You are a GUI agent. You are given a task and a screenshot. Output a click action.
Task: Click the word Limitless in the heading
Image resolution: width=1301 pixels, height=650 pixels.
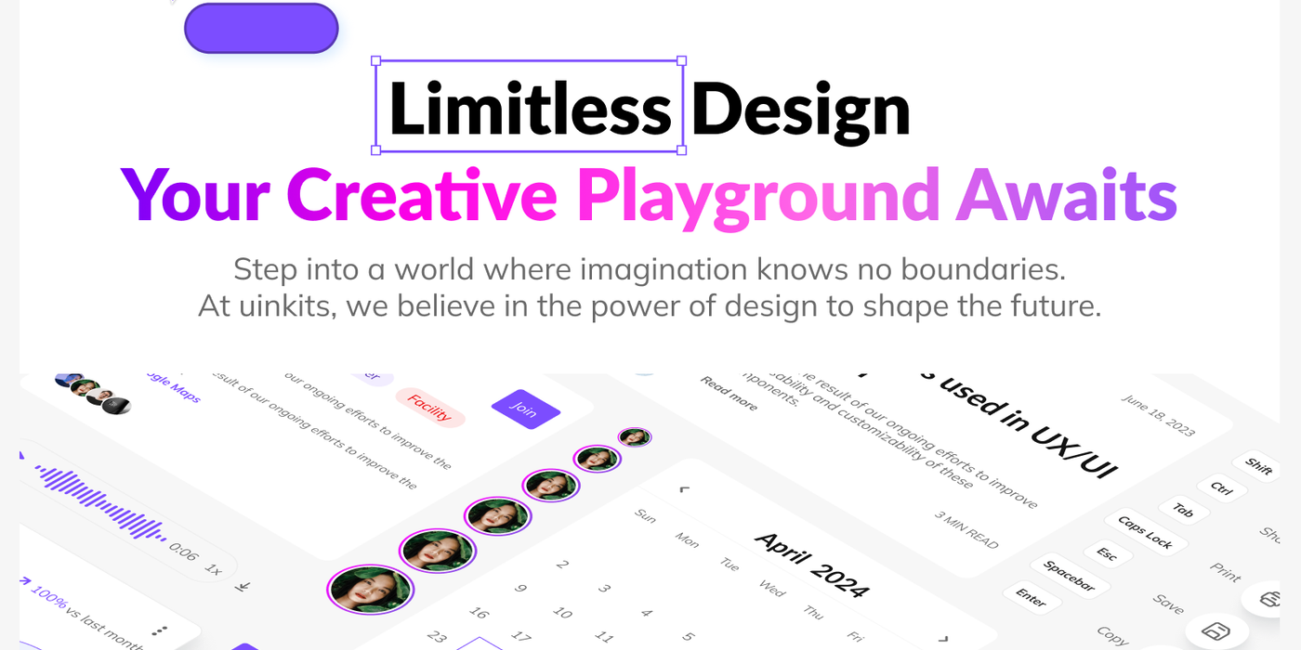click(530, 109)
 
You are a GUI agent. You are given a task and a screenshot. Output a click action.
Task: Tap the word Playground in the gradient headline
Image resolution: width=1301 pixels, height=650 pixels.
click(758, 195)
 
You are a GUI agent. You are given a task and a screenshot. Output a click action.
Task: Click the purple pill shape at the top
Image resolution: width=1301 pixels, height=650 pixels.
click(261, 28)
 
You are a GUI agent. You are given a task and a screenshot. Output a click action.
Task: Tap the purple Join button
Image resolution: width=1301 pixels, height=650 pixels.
click(525, 409)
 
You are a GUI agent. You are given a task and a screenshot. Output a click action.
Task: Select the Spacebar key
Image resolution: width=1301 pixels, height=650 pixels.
click(1069, 576)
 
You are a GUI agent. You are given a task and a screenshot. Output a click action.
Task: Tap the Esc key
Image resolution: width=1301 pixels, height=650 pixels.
click(1107, 553)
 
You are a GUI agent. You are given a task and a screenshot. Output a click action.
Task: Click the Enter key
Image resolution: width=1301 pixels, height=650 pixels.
click(1032, 597)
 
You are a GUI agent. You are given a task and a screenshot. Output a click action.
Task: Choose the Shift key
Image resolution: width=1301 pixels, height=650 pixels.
click(1259, 466)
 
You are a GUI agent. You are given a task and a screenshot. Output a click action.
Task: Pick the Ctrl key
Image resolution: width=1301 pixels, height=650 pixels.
click(1221, 488)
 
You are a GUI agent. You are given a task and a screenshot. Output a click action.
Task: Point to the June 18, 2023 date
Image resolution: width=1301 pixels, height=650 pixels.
click(1158, 415)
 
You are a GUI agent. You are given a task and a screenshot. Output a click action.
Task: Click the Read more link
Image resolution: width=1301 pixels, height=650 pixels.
click(729, 394)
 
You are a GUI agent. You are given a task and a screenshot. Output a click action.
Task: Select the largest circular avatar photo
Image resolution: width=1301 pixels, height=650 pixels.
click(370, 589)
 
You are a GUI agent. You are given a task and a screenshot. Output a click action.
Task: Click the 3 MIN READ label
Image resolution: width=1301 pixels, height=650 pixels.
click(966, 529)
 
